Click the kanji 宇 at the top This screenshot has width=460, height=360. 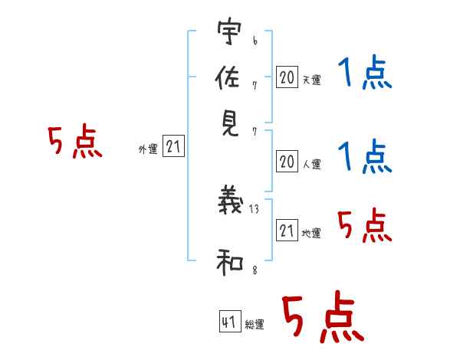pyautogui.click(x=229, y=31)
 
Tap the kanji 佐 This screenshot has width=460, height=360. pyautogui.click(x=228, y=77)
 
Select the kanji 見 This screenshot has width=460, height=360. pyautogui.click(x=230, y=124)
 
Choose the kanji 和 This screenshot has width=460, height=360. pyautogui.click(x=230, y=262)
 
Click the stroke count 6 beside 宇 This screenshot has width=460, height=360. pyautogui.click(x=255, y=41)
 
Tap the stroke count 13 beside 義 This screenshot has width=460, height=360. pyautogui.click(x=254, y=209)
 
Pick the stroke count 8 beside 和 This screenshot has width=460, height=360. pyautogui.click(x=255, y=270)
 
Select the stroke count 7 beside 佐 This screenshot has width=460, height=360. pyautogui.click(x=255, y=86)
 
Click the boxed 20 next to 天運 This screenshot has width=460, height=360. pyautogui.click(x=287, y=77)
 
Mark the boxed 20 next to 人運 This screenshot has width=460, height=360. pyautogui.click(x=287, y=162)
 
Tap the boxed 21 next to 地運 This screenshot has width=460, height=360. pyautogui.click(x=287, y=230)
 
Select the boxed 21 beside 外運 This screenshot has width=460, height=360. pyautogui.click(x=173, y=146)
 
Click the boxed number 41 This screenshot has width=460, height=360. pyautogui.click(x=230, y=322)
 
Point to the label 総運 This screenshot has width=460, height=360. pyautogui.click(x=255, y=324)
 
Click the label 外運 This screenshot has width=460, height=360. pyautogui.click(x=148, y=149)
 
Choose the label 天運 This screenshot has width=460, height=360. pyautogui.click(x=312, y=80)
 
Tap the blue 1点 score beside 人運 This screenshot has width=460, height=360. pyautogui.click(x=365, y=157)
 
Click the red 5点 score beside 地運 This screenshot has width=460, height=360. pyautogui.click(x=365, y=225)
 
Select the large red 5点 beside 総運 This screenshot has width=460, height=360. pyautogui.click(x=323, y=317)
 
